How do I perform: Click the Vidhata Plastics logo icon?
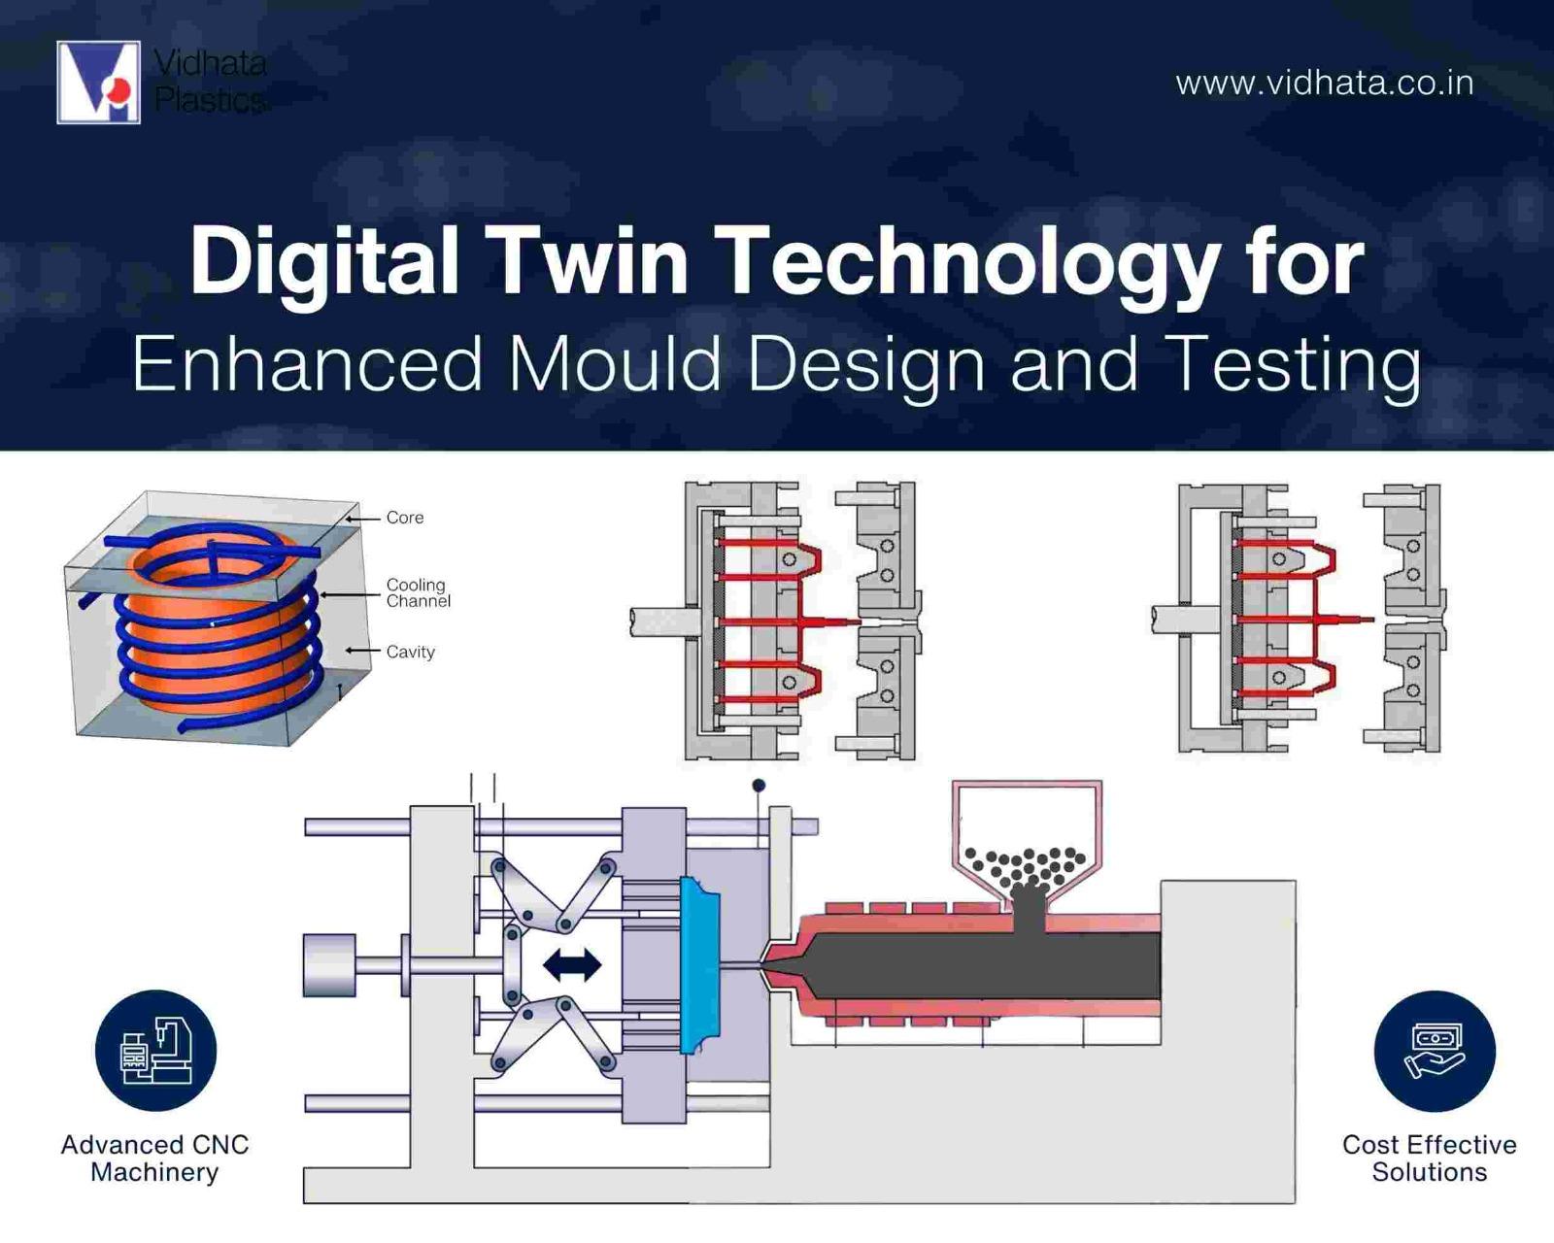pos(98,83)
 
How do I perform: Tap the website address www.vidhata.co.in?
pos(1325,84)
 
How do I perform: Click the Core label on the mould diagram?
pos(405,518)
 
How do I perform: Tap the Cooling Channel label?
pos(418,592)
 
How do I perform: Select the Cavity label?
pos(410,652)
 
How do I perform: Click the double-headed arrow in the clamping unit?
pos(572,965)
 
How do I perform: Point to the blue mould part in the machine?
pos(699,965)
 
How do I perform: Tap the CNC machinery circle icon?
pos(156,1050)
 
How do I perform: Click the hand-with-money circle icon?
pos(1435,1051)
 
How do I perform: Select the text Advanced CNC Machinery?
pos(154,1159)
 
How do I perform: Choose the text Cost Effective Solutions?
pos(1429,1159)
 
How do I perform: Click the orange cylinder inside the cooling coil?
pos(217,628)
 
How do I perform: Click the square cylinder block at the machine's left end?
pos(329,965)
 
